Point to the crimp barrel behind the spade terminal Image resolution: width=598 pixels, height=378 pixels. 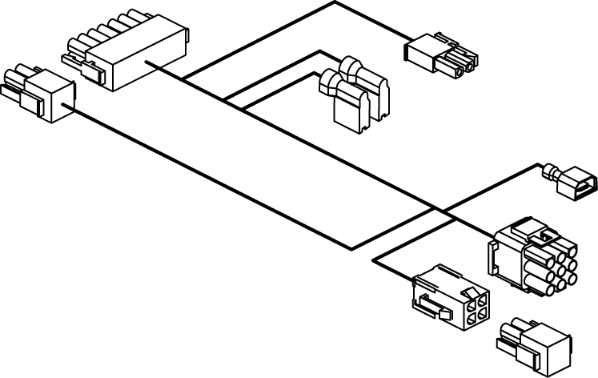[x=552, y=171]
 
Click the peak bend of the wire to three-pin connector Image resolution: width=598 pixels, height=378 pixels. [x=334, y=2]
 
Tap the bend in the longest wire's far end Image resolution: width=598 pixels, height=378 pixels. [x=352, y=247]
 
